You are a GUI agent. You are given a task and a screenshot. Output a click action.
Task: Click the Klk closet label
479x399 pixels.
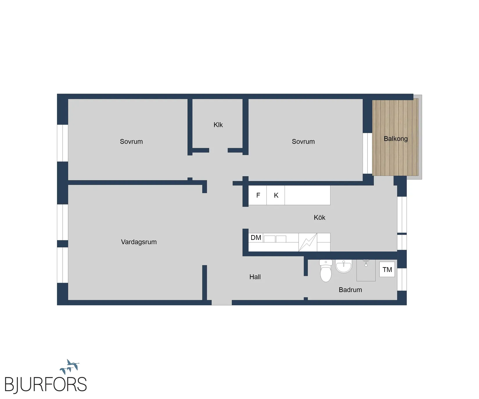tap(218, 125)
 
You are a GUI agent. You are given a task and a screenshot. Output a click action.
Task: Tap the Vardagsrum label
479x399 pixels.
tap(139, 242)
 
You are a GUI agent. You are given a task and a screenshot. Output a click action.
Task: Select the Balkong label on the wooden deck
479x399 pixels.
tap(396, 139)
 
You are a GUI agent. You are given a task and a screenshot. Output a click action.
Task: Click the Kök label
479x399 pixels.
tap(319, 217)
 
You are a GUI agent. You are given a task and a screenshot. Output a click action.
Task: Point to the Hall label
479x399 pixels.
tap(255, 277)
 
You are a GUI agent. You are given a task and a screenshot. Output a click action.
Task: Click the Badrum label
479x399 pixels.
tap(350, 290)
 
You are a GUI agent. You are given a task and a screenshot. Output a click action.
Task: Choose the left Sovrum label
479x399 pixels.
tap(131, 142)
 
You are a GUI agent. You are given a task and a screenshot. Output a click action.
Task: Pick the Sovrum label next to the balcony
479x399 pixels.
tap(303, 142)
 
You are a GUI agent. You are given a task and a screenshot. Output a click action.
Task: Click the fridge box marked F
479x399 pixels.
tap(257, 195)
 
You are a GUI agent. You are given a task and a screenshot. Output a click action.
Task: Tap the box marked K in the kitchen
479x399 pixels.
tap(275, 195)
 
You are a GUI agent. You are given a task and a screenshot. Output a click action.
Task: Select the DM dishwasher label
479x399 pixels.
tap(256, 238)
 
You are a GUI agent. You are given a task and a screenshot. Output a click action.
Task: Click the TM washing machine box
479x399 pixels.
tap(387, 270)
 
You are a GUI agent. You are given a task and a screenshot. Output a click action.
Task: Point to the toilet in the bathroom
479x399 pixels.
tap(326, 271)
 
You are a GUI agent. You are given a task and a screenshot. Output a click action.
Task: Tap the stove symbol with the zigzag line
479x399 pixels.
tap(308, 242)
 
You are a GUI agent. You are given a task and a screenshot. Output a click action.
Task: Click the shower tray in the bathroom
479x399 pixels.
tap(366, 270)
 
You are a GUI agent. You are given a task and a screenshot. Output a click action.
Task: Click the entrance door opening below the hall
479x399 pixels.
tap(222, 303)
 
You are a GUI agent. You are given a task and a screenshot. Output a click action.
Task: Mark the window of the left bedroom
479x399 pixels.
tap(62, 143)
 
